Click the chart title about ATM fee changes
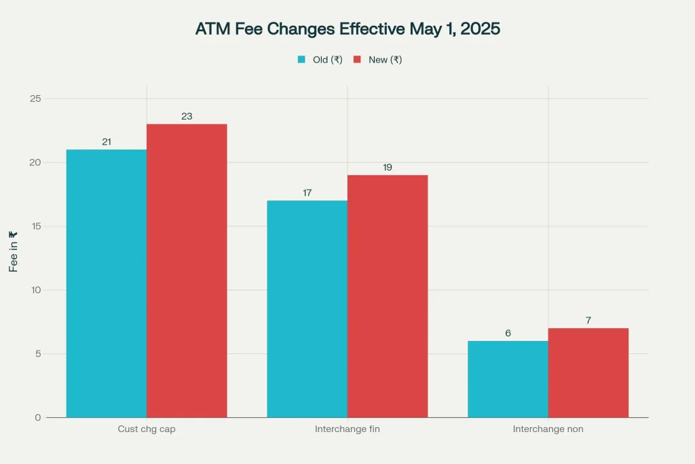click(x=347, y=29)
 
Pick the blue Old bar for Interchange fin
click(x=307, y=308)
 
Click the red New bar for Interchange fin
click(x=388, y=296)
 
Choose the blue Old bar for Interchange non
click(x=508, y=379)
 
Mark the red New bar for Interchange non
click(x=588, y=372)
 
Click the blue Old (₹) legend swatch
click(x=301, y=60)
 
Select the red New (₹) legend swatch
click(x=357, y=60)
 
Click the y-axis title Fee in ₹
click(x=13, y=251)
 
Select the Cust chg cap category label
click(x=146, y=429)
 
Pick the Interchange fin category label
click(x=347, y=429)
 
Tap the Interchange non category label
click(x=548, y=429)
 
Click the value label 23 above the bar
click(x=187, y=116)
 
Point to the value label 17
click(x=307, y=193)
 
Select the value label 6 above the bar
click(x=508, y=333)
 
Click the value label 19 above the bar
click(x=388, y=167)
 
